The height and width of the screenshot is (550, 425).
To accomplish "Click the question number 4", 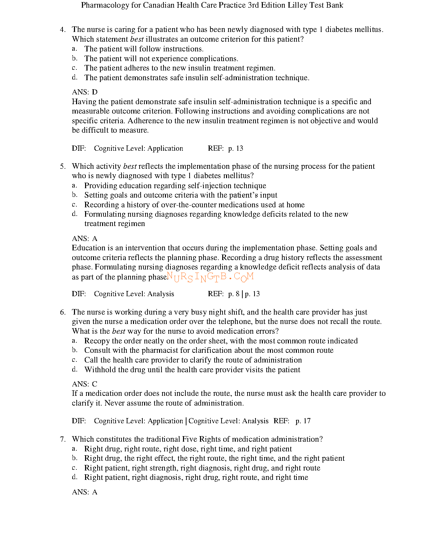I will click(x=62, y=30).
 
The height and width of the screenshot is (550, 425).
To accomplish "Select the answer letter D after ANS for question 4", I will click(x=94, y=92).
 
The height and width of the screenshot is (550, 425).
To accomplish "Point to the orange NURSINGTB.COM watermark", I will click(x=210, y=277).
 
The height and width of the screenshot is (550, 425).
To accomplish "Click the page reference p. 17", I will click(x=303, y=421).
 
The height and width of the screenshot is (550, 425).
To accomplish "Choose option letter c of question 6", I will click(x=74, y=360).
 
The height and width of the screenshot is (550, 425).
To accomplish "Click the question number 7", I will click(x=62, y=439).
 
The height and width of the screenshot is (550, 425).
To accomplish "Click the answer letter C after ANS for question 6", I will click(x=94, y=384).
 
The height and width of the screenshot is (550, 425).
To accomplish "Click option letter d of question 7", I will click(x=74, y=477).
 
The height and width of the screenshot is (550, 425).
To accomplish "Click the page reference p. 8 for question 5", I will click(x=234, y=294).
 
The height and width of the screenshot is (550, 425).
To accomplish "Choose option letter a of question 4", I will click(x=74, y=49).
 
